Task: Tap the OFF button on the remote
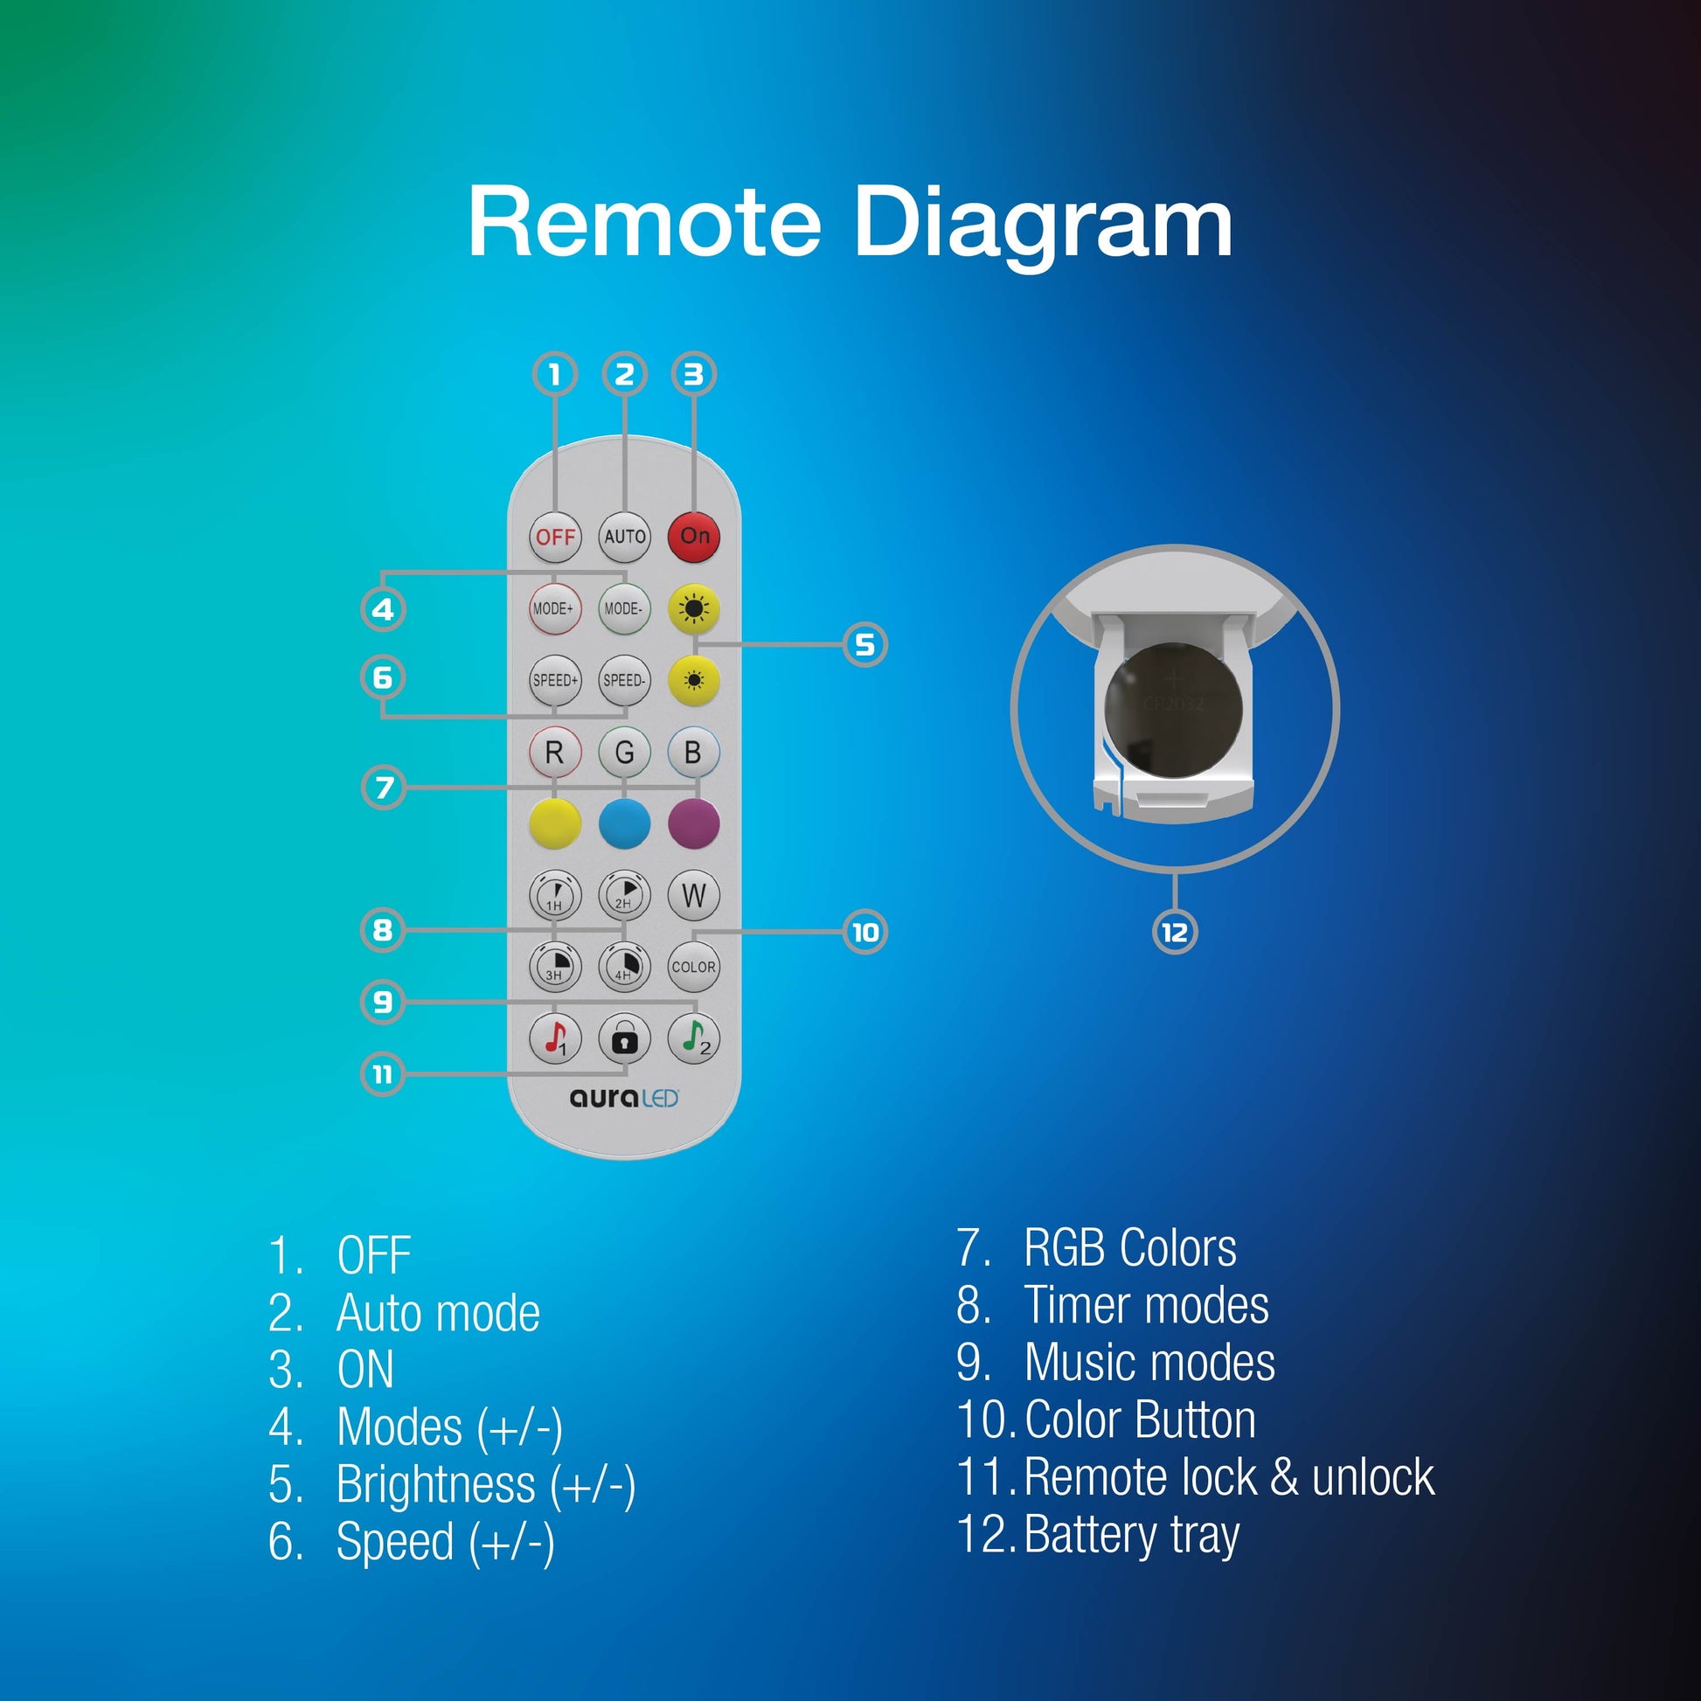click(x=555, y=536)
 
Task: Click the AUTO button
click(x=624, y=536)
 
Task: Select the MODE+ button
click(x=555, y=608)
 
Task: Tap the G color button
click(x=624, y=752)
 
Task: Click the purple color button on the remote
click(x=694, y=824)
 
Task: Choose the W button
click(x=694, y=894)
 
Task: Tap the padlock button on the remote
click(x=624, y=1039)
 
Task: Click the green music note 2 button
click(x=694, y=1039)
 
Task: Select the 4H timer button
click(x=624, y=967)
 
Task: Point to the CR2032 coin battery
click(x=1174, y=710)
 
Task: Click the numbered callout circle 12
click(x=1175, y=933)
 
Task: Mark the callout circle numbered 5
click(x=864, y=644)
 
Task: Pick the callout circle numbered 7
click(x=384, y=787)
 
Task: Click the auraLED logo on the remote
click(x=624, y=1098)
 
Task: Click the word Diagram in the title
click(x=1043, y=225)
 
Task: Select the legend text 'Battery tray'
click(x=1132, y=1535)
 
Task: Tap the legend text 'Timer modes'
click(x=1146, y=1305)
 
